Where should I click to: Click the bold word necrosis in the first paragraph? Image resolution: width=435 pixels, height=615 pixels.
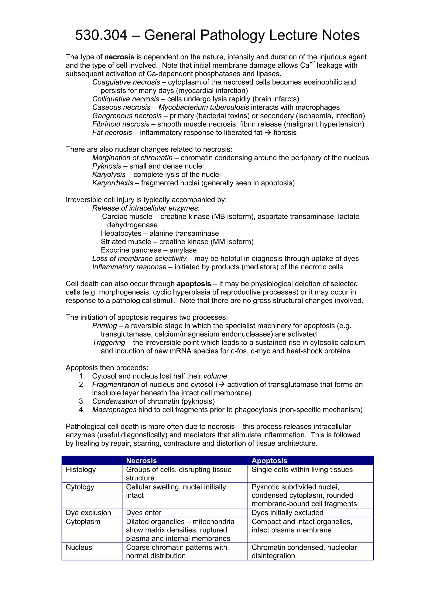click(119, 57)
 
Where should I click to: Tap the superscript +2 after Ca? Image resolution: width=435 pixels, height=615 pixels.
click(312, 63)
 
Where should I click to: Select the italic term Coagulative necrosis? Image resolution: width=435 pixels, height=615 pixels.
click(126, 82)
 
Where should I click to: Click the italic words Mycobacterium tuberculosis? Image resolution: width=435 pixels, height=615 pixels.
click(204, 107)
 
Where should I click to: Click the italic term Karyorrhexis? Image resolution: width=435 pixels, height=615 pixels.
click(113, 183)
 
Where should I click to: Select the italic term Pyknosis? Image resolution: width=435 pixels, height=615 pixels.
click(107, 166)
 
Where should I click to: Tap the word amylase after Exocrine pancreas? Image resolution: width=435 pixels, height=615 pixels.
click(183, 250)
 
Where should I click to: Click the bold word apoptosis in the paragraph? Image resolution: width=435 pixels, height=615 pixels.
click(194, 284)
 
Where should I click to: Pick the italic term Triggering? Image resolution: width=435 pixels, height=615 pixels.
click(109, 343)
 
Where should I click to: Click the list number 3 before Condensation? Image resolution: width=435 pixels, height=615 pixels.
click(82, 401)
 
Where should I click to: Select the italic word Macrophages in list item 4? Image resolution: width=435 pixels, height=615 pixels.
click(114, 410)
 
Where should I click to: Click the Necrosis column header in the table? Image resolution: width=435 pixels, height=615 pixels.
click(141, 460)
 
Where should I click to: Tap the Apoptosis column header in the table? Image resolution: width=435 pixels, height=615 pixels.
click(269, 460)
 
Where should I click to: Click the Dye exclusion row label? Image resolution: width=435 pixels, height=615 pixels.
click(88, 512)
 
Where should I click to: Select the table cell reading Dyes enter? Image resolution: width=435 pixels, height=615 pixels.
click(144, 512)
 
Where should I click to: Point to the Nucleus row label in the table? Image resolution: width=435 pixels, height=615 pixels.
click(79, 547)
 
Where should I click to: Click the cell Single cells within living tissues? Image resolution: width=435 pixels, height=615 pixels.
click(302, 470)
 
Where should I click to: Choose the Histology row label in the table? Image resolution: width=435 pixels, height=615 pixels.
click(81, 470)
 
